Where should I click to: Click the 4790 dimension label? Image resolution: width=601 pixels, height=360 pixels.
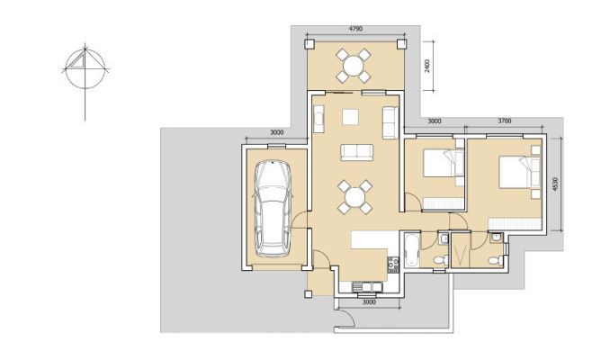point(355,29)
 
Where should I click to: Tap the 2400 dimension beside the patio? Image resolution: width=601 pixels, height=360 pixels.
point(427,66)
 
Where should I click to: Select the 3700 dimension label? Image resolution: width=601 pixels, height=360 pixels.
point(505,121)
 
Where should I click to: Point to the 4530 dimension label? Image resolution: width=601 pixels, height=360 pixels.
point(556,184)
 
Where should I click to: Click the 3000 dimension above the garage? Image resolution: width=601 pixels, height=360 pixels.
point(277,132)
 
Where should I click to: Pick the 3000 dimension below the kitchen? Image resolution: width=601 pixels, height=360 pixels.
point(369,301)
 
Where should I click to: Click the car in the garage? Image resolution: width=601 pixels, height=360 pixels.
point(273,209)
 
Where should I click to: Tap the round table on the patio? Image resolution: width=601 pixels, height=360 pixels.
point(354,66)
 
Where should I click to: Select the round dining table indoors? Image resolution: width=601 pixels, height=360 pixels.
point(354,198)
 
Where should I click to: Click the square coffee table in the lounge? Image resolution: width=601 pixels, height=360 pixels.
point(350,117)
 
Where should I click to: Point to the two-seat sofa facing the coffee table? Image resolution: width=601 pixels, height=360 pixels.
point(357,152)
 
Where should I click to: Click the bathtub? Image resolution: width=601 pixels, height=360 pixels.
point(410,250)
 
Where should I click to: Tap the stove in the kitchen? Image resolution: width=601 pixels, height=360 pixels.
point(393,265)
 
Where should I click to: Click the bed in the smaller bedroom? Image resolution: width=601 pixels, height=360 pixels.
point(444,163)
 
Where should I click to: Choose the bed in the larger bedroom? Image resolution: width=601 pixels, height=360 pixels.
point(519,171)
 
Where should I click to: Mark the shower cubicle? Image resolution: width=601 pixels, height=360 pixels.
point(461,249)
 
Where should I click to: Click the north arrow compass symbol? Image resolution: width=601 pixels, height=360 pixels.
point(85,70)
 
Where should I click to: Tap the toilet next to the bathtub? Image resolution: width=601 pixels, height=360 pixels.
point(441,260)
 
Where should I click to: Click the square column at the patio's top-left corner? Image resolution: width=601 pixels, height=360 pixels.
point(309,44)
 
